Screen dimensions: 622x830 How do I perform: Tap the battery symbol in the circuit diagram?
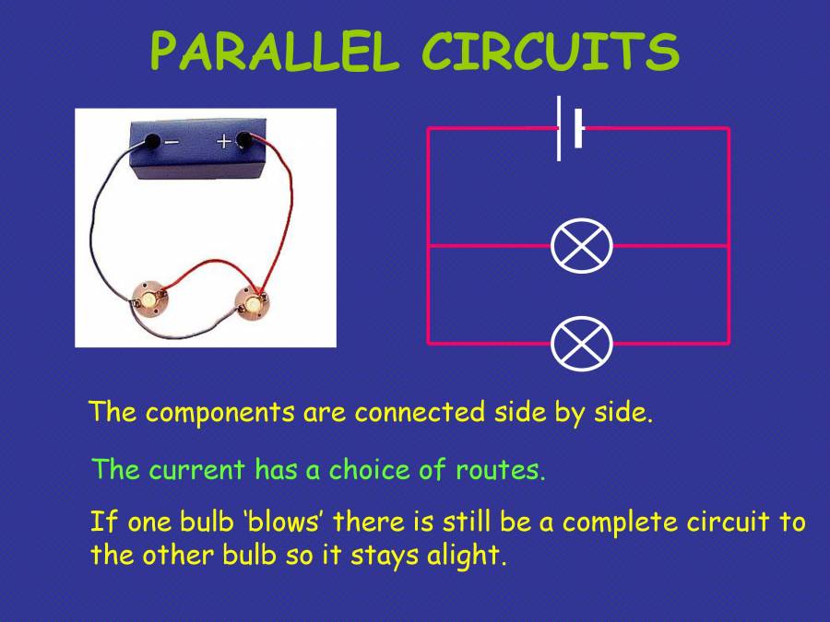coord(569,128)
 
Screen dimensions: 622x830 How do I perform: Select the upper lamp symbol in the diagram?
coord(581,246)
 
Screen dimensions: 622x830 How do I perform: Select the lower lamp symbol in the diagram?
coord(581,344)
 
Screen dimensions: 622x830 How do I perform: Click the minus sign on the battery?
coord(172,142)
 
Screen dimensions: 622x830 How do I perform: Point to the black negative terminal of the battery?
coord(150,142)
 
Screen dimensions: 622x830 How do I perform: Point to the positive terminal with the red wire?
coord(244,141)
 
